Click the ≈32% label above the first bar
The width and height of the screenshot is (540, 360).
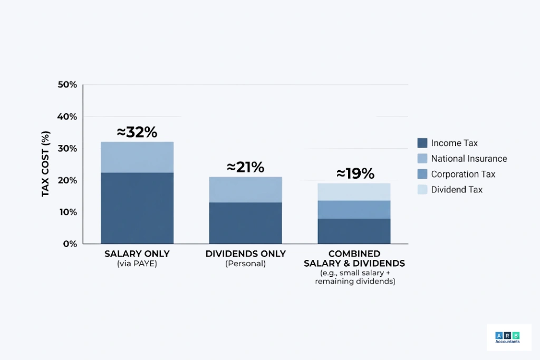137,132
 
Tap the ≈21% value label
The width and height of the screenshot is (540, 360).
245,168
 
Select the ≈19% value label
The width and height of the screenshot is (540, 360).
355,173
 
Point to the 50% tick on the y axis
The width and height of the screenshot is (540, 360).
67,85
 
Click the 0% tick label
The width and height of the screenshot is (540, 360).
70,244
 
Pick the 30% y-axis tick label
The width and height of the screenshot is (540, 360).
67,149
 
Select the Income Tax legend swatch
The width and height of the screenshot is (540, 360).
422,143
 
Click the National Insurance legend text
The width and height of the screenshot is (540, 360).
469,159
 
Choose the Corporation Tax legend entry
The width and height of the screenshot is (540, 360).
463,174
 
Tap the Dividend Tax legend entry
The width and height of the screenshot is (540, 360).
457,190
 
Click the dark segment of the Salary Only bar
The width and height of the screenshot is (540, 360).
137,208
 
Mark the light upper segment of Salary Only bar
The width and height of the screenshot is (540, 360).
137,157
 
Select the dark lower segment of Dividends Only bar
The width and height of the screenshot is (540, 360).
245,223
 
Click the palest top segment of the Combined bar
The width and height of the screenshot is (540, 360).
354,192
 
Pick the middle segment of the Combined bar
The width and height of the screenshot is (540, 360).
354,209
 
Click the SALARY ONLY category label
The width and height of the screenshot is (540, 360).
137,254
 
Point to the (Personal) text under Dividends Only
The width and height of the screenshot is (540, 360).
245,264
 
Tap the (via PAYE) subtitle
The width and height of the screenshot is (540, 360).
137,264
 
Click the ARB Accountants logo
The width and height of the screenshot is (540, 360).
508,338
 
